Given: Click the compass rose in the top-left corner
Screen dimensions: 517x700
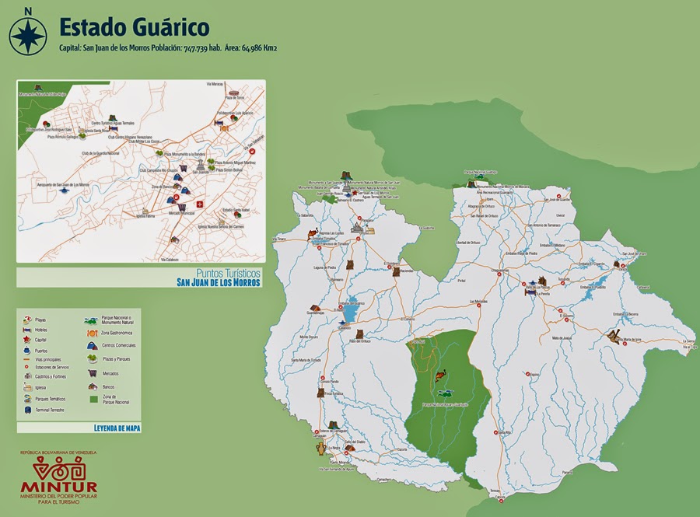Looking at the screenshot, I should coord(28,33).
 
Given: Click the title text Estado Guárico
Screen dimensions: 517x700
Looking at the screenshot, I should coord(135,27).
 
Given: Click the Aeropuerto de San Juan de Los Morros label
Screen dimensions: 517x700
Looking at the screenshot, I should coord(63,184).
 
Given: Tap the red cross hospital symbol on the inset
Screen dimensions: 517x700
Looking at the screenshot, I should coord(200,204).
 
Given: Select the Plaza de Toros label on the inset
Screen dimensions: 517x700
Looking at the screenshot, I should coord(236,97).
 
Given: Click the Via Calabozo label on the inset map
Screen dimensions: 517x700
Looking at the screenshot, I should coord(170,260).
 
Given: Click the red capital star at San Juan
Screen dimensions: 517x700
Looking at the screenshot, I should coord(355,194).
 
